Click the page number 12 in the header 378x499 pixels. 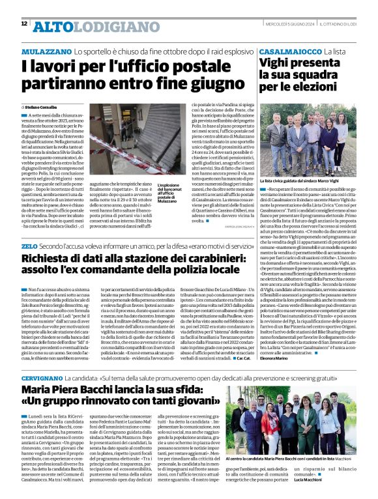(x=24, y=24)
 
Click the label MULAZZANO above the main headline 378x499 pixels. (x=46, y=50)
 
